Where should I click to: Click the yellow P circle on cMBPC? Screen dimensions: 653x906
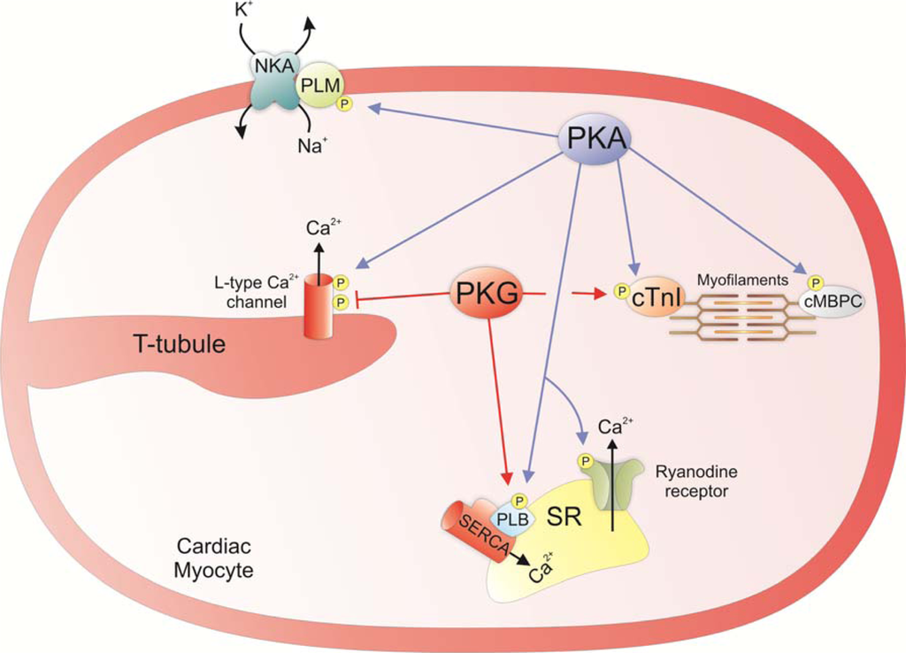(816, 282)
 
